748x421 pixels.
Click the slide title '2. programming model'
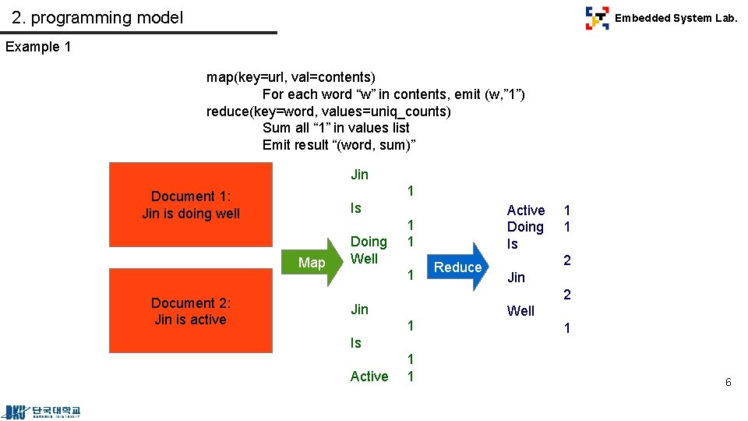click(x=97, y=17)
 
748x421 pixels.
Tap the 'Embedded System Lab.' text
click(x=676, y=18)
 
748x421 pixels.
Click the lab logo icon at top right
click(x=597, y=18)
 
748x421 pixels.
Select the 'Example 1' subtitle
click(x=38, y=47)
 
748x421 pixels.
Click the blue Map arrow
click(x=316, y=263)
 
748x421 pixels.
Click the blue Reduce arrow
click(x=459, y=267)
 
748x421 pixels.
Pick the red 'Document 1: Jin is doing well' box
click(x=191, y=205)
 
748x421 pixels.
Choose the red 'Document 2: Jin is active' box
click(x=191, y=311)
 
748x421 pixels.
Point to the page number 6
click(x=728, y=382)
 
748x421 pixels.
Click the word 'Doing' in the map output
click(x=369, y=242)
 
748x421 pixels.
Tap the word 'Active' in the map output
click(x=369, y=377)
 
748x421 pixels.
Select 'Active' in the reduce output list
click(x=526, y=210)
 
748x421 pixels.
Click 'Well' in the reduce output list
click(x=520, y=311)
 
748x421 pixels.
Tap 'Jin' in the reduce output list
click(x=516, y=278)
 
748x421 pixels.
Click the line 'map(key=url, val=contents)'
click(x=291, y=77)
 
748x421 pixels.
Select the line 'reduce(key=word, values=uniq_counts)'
click(x=328, y=111)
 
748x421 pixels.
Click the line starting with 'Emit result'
click(x=339, y=145)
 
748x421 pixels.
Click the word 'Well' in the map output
click(x=364, y=259)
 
